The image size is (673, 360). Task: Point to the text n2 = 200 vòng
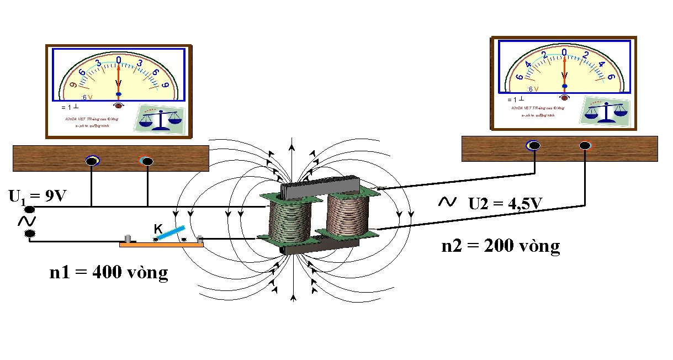tap(501, 246)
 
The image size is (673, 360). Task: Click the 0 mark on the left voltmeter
tap(118, 59)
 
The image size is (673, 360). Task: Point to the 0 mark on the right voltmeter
tap(564, 52)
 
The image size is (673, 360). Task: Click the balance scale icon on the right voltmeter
tap(606, 110)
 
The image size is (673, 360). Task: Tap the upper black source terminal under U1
tap(29, 210)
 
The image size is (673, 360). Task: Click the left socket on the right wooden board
tap(534, 146)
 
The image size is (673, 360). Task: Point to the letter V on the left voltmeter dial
tap(118, 83)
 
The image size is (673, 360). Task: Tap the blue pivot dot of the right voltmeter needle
tap(564, 86)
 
